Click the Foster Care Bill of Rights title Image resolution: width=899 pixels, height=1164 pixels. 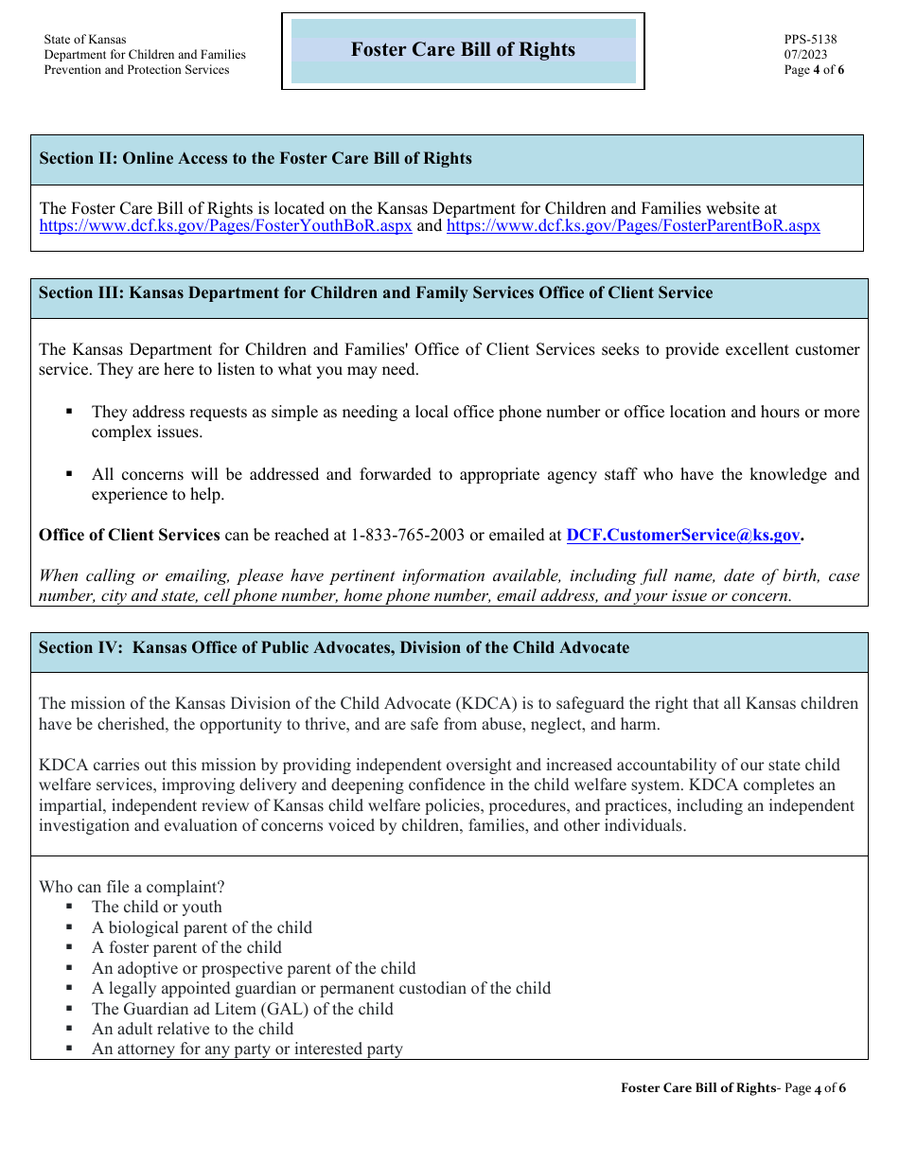click(463, 50)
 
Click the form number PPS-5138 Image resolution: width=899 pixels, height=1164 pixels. click(810, 40)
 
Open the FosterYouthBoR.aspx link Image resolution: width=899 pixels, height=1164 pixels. click(225, 226)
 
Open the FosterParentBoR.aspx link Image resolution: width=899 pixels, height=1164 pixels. click(632, 226)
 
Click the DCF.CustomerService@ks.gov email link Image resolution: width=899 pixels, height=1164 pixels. click(682, 536)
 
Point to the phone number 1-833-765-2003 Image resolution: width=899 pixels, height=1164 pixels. click(408, 536)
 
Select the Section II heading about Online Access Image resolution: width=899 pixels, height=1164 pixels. click(256, 159)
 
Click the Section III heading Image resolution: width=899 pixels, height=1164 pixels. click(376, 293)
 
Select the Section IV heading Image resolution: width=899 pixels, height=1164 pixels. click(334, 648)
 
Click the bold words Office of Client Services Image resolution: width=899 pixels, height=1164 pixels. click(129, 536)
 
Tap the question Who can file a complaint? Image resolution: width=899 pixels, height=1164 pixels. click(132, 888)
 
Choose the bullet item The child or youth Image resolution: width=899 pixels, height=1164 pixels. click(156, 908)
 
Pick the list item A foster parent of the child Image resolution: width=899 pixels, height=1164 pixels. click(186, 948)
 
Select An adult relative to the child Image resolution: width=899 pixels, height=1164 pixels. click(192, 1030)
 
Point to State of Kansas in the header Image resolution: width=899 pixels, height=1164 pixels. click(84, 40)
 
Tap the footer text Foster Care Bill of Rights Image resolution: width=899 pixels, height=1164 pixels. click(697, 1088)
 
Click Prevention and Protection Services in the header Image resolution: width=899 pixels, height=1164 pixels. click(136, 70)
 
